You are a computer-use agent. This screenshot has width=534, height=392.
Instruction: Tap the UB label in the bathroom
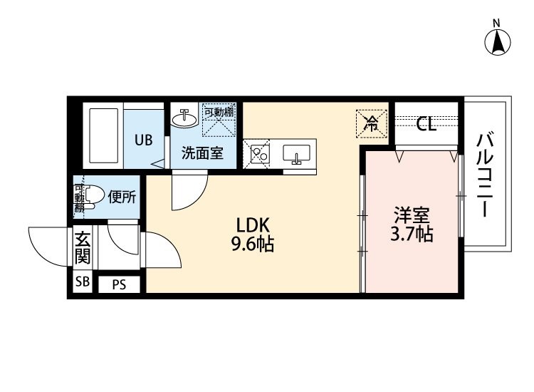pyautogui.click(x=143, y=140)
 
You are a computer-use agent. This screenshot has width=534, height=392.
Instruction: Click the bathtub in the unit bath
pyautogui.click(x=103, y=136)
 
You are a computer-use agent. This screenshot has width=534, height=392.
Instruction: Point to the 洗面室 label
pyautogui.click(x=202, y=153)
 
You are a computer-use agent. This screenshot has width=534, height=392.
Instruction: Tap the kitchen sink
pyautogui.click(x=297, y=153)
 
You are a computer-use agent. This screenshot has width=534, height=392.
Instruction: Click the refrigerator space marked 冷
pyautogui.click(x=372, y=123)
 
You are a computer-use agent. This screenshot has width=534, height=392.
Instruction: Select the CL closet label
pyautogui.click(x=426, y=124)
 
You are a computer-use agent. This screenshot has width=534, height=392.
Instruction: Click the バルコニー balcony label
pyautogui.click(x=486, y=175)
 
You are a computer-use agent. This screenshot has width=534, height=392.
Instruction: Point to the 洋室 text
pyautogui.click(x=412, y=215)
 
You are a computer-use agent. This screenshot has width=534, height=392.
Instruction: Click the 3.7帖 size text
pyautogui.click(x=412, y=234)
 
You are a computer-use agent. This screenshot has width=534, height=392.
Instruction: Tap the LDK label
pyautogui.click(x=253, y=225)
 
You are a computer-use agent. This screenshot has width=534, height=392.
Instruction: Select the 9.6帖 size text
pyautogui.click(x=253, y=244)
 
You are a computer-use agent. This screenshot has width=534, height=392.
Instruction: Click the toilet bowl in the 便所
pyautogui.click(x=91, y=197)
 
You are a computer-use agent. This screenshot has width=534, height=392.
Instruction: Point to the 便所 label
pyautogui.click(x=122, y=197)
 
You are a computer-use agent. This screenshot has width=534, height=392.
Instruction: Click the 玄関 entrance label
pyautogui.click(x=83, y=247)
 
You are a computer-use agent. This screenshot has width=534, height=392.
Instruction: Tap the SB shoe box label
pyautogui.click(x=83, y=282)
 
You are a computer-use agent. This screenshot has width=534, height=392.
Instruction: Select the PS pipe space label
pyautogui.click(x=119, y=284)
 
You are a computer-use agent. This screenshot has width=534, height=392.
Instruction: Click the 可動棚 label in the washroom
pyautogui.click(x=219, y=111)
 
